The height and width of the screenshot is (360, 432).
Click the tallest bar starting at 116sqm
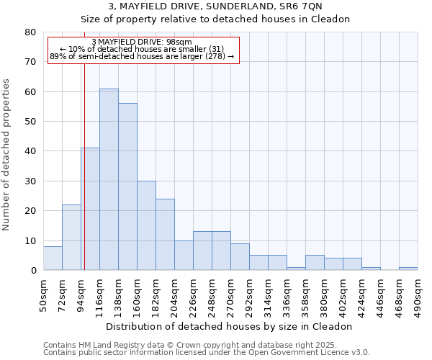pyautogui.click(x=109, y=179)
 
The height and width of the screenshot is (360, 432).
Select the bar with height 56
pyautogui.click(x=127, y=186)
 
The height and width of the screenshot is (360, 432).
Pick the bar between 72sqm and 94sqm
pyautogui.click(x=71, y=238)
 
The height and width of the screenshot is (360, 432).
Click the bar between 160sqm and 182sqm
pyautogui.click(x=146, y=225)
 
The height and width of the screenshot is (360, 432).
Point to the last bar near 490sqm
pyautogui.click(x=408, y=269)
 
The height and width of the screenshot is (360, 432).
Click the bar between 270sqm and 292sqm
pyautogui.click(x=240, y=257)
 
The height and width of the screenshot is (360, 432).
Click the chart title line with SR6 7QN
pyautogui.click(x=215, y=6)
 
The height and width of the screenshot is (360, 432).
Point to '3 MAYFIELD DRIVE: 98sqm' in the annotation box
pyautogui.click(x=142, y=42)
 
